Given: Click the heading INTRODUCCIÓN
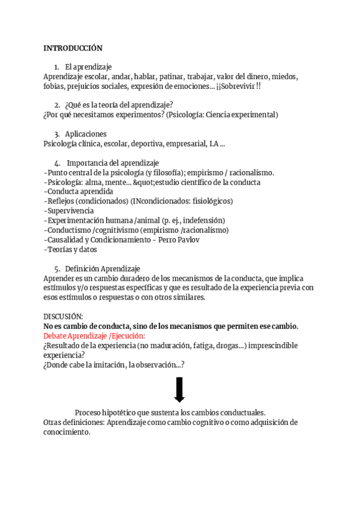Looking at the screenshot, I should [73, 48].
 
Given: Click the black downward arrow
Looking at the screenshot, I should [179, 390].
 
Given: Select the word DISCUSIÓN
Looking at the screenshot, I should [64, 316].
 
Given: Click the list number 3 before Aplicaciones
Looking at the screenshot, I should [57, 134].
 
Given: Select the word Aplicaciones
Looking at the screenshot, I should [86, 134].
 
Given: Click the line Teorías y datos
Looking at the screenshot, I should [70, 249].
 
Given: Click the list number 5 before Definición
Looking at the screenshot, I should [57, 268].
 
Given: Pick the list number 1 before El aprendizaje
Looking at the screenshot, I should [56, 67].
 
